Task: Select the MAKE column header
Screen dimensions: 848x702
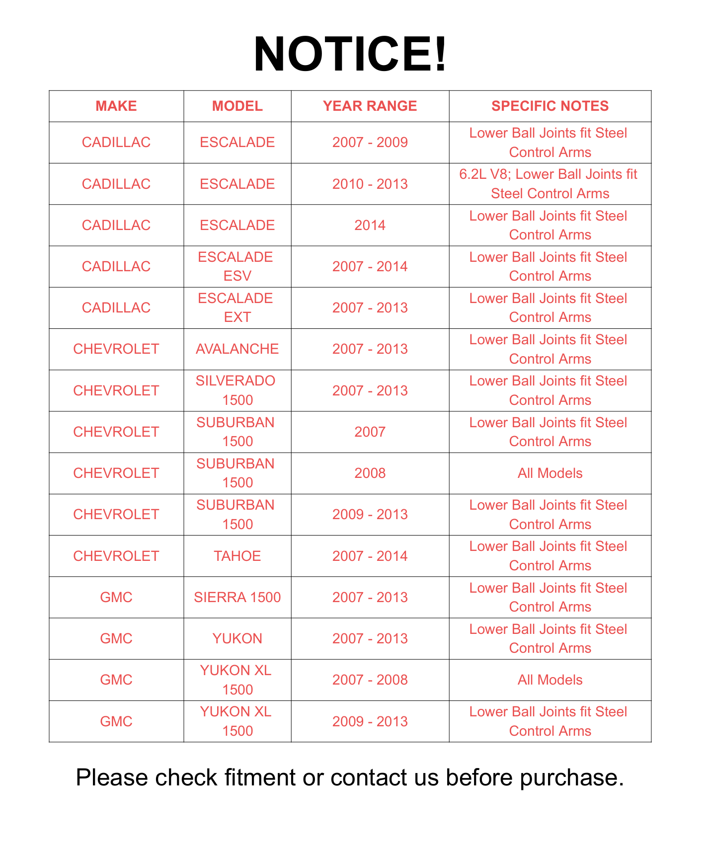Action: (x=116, y=106)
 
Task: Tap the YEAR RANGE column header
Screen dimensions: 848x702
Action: (x=370, y=106)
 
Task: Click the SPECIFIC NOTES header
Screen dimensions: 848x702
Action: (x=550, y=106)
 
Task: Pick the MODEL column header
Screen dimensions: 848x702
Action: (x=237, y=106)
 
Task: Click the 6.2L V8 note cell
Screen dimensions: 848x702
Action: (x=550, y=184)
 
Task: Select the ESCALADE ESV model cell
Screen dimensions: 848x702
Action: (x=237, y=266)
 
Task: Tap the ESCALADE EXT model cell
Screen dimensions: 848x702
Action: (x=237, y=308)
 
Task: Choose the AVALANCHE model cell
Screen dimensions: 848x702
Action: (x=237, y=349)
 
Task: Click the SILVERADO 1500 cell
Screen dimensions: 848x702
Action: (x=237, y=390)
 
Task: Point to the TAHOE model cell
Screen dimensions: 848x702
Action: (x=237, y=556)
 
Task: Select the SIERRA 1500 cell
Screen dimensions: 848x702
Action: (x=237, y=597)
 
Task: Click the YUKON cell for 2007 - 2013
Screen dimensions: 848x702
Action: (x=237, y=638)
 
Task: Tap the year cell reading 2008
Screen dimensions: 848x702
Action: (x=370, y=473)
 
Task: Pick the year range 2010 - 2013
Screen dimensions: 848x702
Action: (x=370, y=184)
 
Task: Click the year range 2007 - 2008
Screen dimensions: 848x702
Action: (x=370, y=680)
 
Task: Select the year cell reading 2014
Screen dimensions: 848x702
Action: (x=370, y=225)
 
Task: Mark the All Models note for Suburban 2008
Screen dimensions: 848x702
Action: (x=550, y=473)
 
